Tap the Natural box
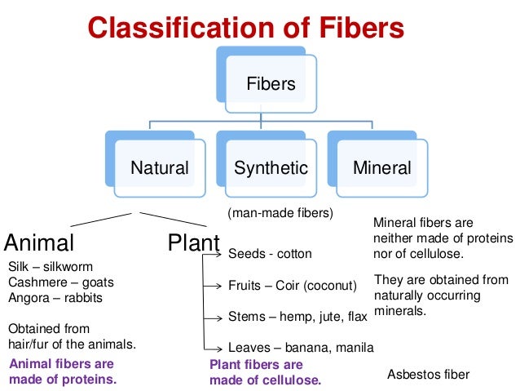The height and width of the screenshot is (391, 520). [x=160, y=168]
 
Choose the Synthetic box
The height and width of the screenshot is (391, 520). [x=271, y=168]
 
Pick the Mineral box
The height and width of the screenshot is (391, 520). [x=381, y=168]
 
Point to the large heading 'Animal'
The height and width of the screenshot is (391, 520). [x=39, y=242]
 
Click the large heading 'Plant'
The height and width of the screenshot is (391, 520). [x=193, y=242]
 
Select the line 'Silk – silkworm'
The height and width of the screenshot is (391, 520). [x=50, y=267]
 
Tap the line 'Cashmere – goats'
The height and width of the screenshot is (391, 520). [x=60, y=282]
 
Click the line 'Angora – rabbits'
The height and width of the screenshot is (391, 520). [x=55, y=298]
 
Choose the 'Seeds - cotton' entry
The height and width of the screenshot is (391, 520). [x=270, y=254]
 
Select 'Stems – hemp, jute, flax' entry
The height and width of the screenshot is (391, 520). [x=298, y=316]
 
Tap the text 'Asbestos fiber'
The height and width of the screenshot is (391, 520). [x=428, y=375]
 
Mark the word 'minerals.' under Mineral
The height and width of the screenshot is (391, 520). [x=400, y=311]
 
